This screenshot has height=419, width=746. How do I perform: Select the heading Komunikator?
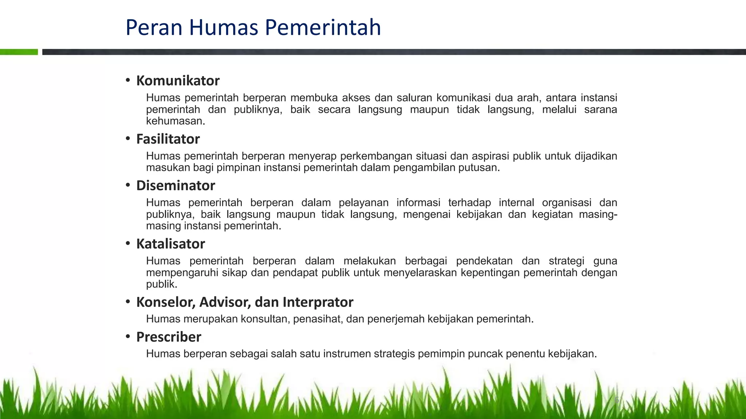tap(178, 81)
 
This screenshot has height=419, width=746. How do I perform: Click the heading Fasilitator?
tap(168, 139)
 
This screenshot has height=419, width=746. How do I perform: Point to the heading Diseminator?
tap(176, 185)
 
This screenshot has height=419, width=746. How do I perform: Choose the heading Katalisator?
tap(170, 244)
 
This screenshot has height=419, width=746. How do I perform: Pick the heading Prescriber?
tap(169, 337)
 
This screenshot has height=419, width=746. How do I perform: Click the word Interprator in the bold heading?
tap(318, 302)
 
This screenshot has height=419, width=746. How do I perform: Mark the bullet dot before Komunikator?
tap(128, 80)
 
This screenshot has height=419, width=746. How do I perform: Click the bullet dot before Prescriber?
tap(128, 336)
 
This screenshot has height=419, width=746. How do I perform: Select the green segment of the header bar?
tap(19, 52)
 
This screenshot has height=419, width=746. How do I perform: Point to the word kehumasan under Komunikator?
tap(176, 121)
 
